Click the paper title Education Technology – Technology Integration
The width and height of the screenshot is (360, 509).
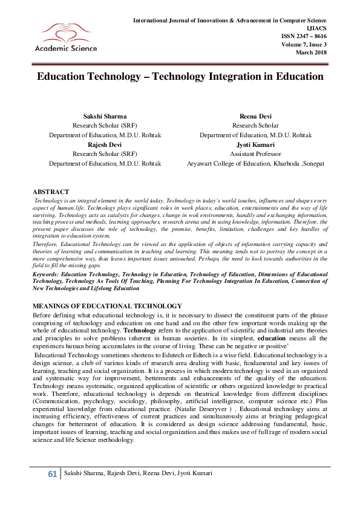coord(180,77)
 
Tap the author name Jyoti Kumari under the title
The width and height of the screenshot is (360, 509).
coord(255,145)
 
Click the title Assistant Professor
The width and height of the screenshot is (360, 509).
coord(255,154)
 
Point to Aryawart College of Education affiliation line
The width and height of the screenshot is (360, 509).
coord(255,164)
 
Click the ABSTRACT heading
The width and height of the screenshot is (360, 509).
coord(50,192)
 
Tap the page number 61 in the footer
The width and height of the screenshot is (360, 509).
coord(52,490)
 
